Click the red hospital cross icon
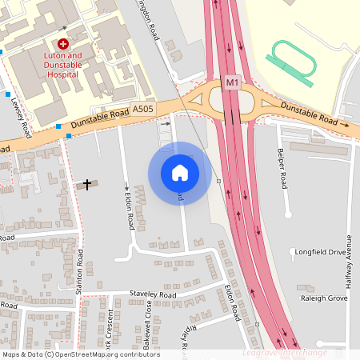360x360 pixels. [63, 43]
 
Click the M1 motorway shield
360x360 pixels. [232, 82]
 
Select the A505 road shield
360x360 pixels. [143, 108]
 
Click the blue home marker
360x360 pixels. [180, 173]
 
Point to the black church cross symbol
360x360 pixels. [86, 185]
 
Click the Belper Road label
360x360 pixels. [282, 168]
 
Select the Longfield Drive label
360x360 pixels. [320, 252]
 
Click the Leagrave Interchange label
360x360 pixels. [284, 353]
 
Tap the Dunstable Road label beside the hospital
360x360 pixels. [99, 120]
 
